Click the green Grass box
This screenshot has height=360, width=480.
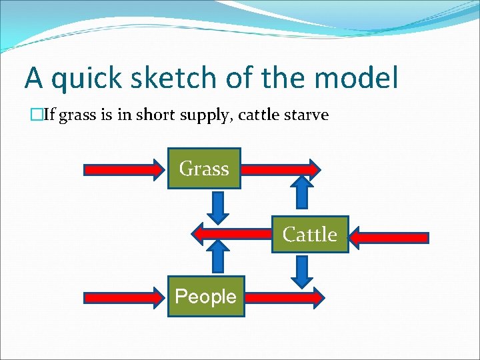(204, 169)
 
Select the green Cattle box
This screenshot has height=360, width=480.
(310, 235)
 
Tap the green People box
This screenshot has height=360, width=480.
(205, 296)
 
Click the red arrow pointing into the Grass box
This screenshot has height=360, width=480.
(124, 170)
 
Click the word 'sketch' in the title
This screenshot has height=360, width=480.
(154, 79)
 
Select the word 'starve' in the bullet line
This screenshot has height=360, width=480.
(307, 115)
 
